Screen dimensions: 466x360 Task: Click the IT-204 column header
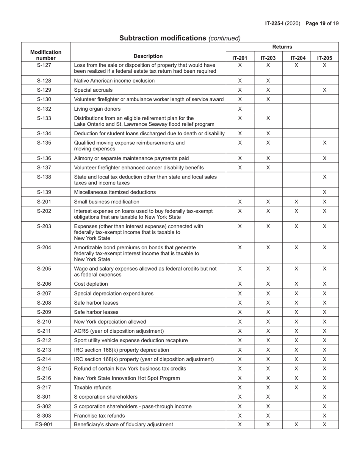(x=296, y=58)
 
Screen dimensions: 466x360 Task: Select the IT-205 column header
(x=324, y=58)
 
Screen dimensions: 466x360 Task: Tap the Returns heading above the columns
(x=282, y=47)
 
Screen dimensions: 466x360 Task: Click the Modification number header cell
(x=46, y=55)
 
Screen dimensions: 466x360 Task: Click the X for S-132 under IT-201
(x=240, y=109)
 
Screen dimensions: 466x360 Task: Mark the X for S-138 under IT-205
(x=324, y=177)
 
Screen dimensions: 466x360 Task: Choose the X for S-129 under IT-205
(x=324, y=90)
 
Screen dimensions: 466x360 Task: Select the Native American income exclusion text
(x=114, y=81)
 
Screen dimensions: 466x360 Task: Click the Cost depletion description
(x=91, y=284)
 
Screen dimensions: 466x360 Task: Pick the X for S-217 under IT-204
(x=296, y=387)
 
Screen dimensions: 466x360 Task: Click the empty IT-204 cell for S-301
(x=296, y=397)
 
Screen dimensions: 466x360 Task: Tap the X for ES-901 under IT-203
(x=268, y=424)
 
